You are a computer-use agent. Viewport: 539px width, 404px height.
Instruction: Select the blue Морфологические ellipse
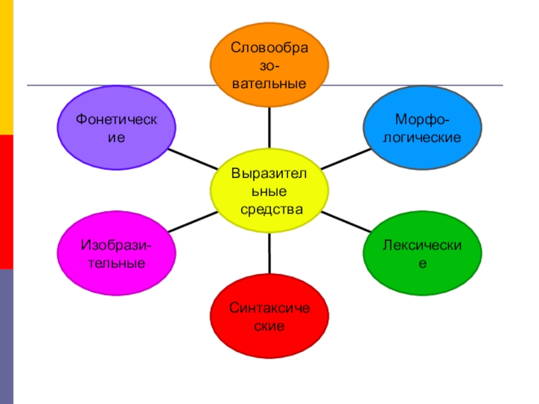(x=422, y=129)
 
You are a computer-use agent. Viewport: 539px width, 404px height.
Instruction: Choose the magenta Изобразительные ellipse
(x=117, y=252)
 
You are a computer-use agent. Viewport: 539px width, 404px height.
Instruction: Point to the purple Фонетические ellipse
(x=117, y=129)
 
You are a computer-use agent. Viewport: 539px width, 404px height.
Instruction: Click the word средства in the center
(x=271, y=209)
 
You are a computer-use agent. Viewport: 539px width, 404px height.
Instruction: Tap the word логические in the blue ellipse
(x=422, y=137)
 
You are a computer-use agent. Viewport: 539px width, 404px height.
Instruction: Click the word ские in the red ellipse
(x=269, y=327)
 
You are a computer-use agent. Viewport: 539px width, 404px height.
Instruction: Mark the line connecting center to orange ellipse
(x=269, y=128)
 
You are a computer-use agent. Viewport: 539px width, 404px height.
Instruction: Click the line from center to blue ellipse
(x=347, y=159)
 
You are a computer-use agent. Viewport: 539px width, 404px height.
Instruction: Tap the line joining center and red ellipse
(x=269, y=252)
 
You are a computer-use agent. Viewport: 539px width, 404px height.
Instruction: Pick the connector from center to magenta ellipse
(x=192, y=222)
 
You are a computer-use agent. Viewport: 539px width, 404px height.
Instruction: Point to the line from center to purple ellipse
(x=191, y=159)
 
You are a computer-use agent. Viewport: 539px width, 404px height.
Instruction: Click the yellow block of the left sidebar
(x=6, y=67)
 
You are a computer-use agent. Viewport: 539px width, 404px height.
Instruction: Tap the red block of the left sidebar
(x=6, y=201)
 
